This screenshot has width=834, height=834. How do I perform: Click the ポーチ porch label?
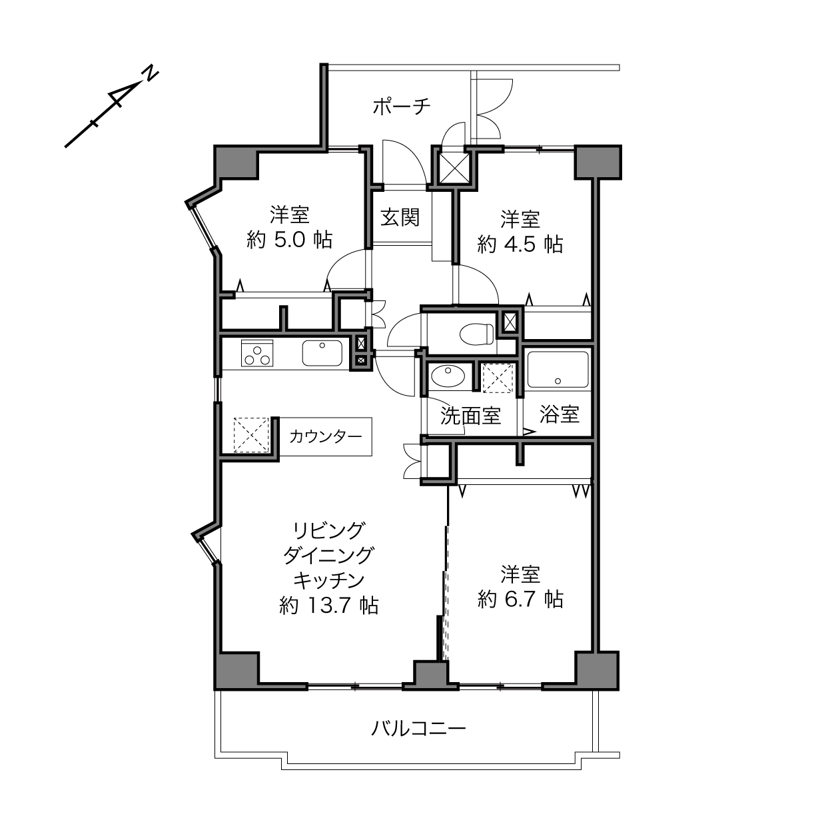pos(401,106)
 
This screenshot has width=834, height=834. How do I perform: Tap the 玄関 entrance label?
pos(400,217)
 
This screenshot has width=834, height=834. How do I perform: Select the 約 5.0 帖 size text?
pos(290,240)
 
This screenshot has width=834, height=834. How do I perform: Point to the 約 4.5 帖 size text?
pos(520,245)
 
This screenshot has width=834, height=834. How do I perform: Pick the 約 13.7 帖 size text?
pos(329,606)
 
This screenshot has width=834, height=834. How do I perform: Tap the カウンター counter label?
pos(325,437)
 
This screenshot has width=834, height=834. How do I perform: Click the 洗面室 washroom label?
pos(471,416)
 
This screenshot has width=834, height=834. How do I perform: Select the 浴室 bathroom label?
pos(559,414)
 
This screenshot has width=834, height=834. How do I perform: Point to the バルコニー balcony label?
pos(418,728)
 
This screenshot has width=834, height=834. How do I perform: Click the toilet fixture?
pos(476,334)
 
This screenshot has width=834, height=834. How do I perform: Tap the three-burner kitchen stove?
pos(257,353)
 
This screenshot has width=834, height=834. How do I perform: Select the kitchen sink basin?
pos(322,353)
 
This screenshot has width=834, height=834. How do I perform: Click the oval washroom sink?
pos(448,376)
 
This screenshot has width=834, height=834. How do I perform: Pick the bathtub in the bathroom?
pos(558,370)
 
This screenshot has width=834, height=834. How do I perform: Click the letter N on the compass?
pos(151,73)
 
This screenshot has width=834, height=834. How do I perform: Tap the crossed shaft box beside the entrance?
pos(454,167)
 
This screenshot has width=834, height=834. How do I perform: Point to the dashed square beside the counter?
pos(251,435)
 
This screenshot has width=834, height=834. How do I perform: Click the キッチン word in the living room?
pos(329,580)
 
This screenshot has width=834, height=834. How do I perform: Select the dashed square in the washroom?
pos(498,379)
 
